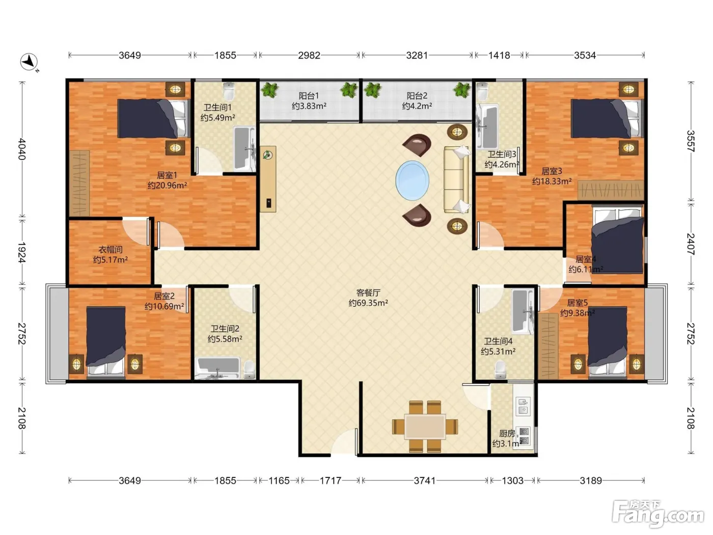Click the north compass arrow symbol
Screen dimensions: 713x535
click(29, 62)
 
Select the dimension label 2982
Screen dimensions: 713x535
click(309, 55)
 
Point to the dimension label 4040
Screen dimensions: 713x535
click(21, 149)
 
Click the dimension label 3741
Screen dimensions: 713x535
click(424, 480)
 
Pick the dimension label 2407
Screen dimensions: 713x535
click(691, 244)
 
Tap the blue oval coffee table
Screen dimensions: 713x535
click(412, 180)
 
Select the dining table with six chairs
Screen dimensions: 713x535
click(425, 426)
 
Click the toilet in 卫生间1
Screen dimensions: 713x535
click(229, 91)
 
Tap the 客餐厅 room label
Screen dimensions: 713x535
click(368, 292)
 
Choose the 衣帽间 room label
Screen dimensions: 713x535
click(111, 250)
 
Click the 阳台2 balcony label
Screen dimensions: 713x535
click(417, 96)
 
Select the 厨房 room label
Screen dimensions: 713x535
click(507, 433)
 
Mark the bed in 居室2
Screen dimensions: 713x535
click(106, 342)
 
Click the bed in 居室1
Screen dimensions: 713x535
click(153, 118)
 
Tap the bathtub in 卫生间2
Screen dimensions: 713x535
click(219, 368)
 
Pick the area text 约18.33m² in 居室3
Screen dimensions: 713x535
click(552, 181)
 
